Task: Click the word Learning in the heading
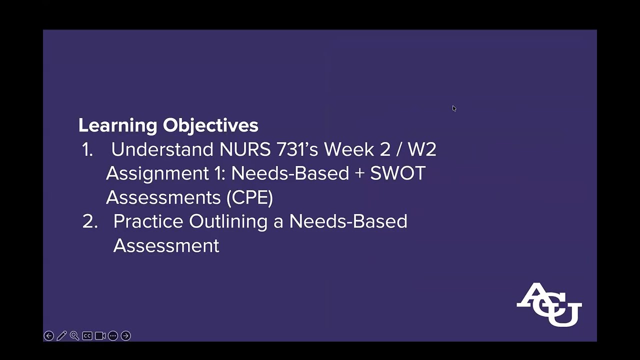point(118,125)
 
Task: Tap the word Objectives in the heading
point(210,125)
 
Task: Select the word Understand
point(162,149)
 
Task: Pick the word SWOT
point(397,173)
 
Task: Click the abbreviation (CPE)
point(249,197)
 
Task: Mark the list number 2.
point(89,221)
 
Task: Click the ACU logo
point(549,304)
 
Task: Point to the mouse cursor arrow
point(454,108)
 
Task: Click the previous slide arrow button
point(48,336)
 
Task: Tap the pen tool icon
point(61,336)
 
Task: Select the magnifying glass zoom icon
point(74,336)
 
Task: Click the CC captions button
point(87,336)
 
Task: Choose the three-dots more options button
point(113,336)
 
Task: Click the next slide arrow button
point(126,336)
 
